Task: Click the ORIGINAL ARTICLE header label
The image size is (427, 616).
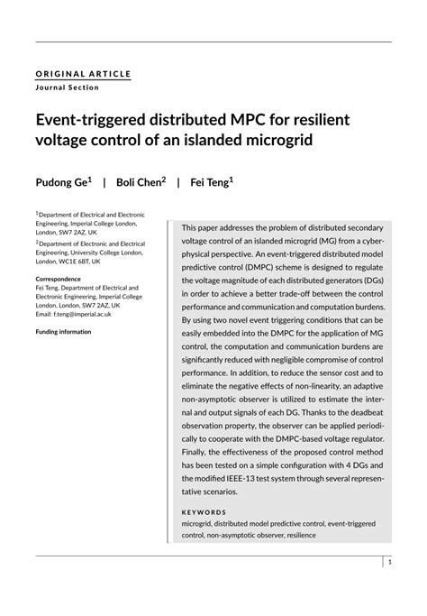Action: tap(83, 73)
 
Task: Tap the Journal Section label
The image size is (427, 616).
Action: tap(68, 87)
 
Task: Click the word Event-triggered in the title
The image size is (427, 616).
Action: tap(98, 120)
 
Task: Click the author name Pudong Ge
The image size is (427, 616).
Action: tap(61, 182)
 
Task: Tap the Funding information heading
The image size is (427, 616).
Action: tap(63, 331)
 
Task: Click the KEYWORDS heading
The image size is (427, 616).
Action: tap(204, 511)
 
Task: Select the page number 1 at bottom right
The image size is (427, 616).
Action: tap(389, 561)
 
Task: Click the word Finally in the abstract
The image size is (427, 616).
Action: tap(197, 447)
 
